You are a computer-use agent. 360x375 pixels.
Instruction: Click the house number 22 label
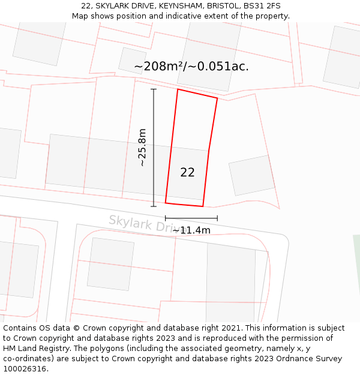187,173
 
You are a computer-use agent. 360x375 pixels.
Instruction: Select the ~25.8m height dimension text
142,148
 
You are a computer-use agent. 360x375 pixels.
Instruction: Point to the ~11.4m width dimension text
191,230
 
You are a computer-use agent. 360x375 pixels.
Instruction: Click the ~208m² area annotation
191,67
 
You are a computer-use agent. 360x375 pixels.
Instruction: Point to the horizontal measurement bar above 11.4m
191,218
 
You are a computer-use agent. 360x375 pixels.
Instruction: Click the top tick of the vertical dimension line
154,89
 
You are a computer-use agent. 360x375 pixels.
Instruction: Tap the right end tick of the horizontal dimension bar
217,218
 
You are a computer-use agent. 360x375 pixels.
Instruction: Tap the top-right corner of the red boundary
217,98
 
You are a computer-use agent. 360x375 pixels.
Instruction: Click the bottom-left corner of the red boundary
166,203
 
